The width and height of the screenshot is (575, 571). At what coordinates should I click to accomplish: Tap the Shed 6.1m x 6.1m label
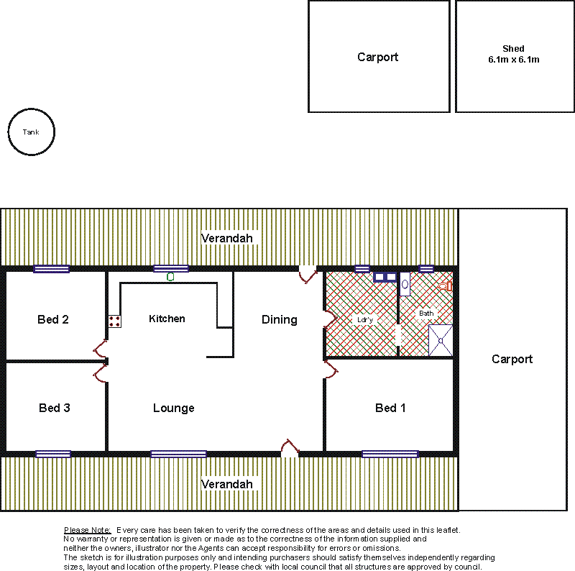tap(513, 54)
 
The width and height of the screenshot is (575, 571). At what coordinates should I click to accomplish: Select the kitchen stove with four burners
tap(114, 321)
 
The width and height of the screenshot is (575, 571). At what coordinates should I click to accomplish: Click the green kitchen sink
tap(170, 277)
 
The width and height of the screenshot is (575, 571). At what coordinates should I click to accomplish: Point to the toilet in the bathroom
tap(446, 286)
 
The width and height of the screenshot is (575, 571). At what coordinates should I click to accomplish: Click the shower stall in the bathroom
tap(441, 340)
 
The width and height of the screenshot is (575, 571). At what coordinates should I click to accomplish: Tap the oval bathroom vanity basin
tap(405, 284)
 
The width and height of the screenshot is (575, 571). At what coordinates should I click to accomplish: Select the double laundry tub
tap(385, 277)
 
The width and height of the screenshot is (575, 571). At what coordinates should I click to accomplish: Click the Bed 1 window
tap(390, 454)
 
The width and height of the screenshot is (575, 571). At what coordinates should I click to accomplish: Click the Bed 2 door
tap(101, 349)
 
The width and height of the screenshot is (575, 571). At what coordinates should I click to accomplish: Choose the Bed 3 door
tap(101, 373)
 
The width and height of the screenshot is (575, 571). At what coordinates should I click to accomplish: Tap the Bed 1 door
tap(331, 369)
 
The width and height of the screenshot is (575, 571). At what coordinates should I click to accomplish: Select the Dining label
tap(280, 319)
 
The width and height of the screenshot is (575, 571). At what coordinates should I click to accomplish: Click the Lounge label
tap(174, 408)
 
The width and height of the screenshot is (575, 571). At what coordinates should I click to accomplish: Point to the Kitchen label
tap(167, 319)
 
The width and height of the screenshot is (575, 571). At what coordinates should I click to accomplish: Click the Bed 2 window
tap(51, 269)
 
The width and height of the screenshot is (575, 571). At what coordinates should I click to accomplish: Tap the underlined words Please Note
tap(87, 530)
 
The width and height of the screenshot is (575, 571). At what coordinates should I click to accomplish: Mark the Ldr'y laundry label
tap(365, 319)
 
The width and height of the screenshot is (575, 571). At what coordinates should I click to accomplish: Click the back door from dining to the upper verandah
tap(308, 275)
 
